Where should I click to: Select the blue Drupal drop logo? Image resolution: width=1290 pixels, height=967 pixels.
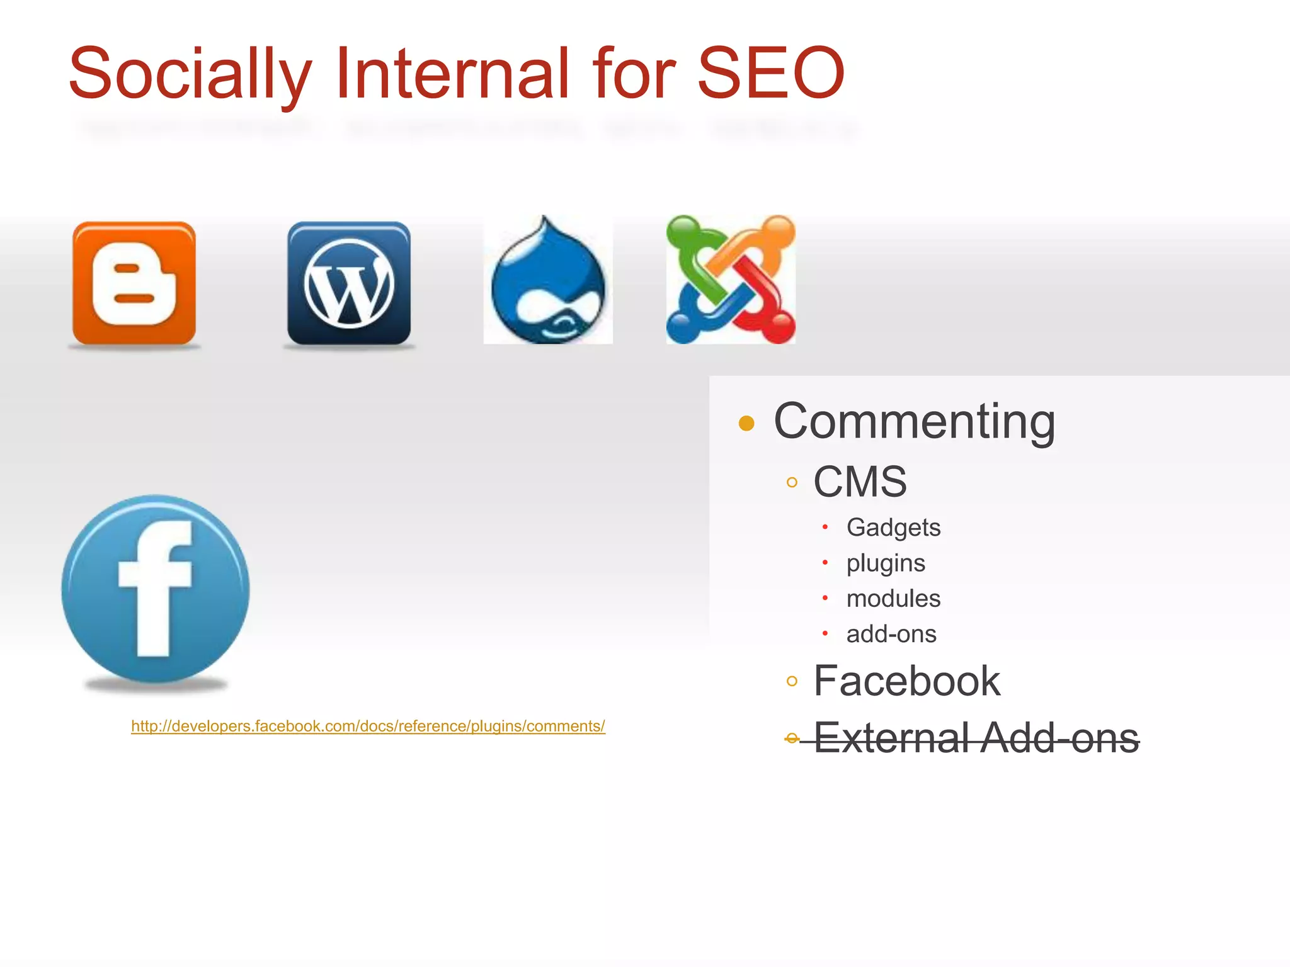click(x=548, y=281)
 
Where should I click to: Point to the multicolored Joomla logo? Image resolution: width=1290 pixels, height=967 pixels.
click(x=731, y=280)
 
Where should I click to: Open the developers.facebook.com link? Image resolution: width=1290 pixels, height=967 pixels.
click(x=368, y=726)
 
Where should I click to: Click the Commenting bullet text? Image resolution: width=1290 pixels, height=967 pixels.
click(x=914, y=421)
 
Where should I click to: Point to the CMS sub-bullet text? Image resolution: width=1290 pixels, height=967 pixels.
click(x=860, y=482)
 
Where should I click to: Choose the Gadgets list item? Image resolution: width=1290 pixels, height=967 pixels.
click(x=893, y=528)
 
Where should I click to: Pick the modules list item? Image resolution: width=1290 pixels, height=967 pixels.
click(x=893, y=598)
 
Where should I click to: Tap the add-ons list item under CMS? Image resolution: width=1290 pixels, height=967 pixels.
click(x=891, y=634)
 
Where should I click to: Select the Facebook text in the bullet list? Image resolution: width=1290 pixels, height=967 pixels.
click(x=906, y=681)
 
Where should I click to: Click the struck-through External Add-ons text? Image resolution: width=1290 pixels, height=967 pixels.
click(x=976, y=737)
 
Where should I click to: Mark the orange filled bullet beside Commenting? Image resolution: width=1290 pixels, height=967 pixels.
click(x=746, y=422)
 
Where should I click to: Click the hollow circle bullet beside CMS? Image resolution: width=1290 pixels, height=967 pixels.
click(x=792, y=483)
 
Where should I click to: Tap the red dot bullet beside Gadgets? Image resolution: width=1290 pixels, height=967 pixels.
click(x=825, y=527)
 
